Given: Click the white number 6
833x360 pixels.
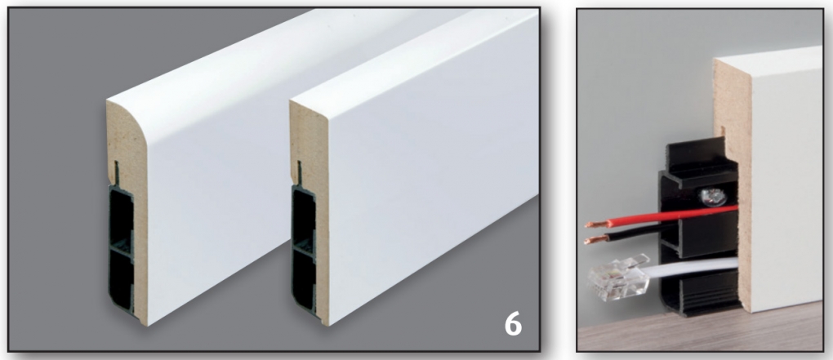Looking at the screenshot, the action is point(513,323).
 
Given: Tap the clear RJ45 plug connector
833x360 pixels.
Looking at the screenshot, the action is point(617,278).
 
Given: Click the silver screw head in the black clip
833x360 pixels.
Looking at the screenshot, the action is point(712,197).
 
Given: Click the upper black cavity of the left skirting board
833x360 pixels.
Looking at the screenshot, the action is point(121,215).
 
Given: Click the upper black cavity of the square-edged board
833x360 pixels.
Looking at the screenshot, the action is point(303,215).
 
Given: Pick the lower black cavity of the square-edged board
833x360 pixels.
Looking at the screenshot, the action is point(304,278).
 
